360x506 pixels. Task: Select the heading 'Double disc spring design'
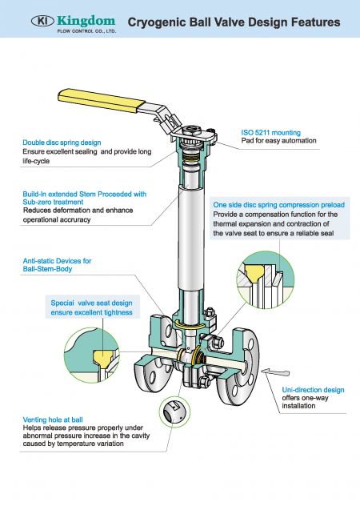tap(62, 143)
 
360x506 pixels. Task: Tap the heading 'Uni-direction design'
tap(313, 390)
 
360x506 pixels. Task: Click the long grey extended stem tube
tap(187, 240)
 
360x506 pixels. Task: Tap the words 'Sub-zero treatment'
tap(54, 203)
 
